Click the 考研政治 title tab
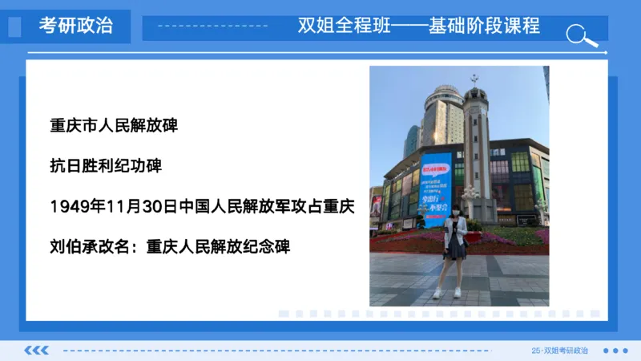[75, 26]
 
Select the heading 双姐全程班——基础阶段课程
[418, 26]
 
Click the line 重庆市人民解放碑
[113, 126]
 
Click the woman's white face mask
[455, 211]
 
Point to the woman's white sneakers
[447, 294]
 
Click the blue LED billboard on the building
[437, 189]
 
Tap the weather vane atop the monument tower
[474, 79]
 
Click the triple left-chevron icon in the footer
[37, 350]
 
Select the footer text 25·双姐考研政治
[559, 351]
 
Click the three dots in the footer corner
[615, 351]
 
